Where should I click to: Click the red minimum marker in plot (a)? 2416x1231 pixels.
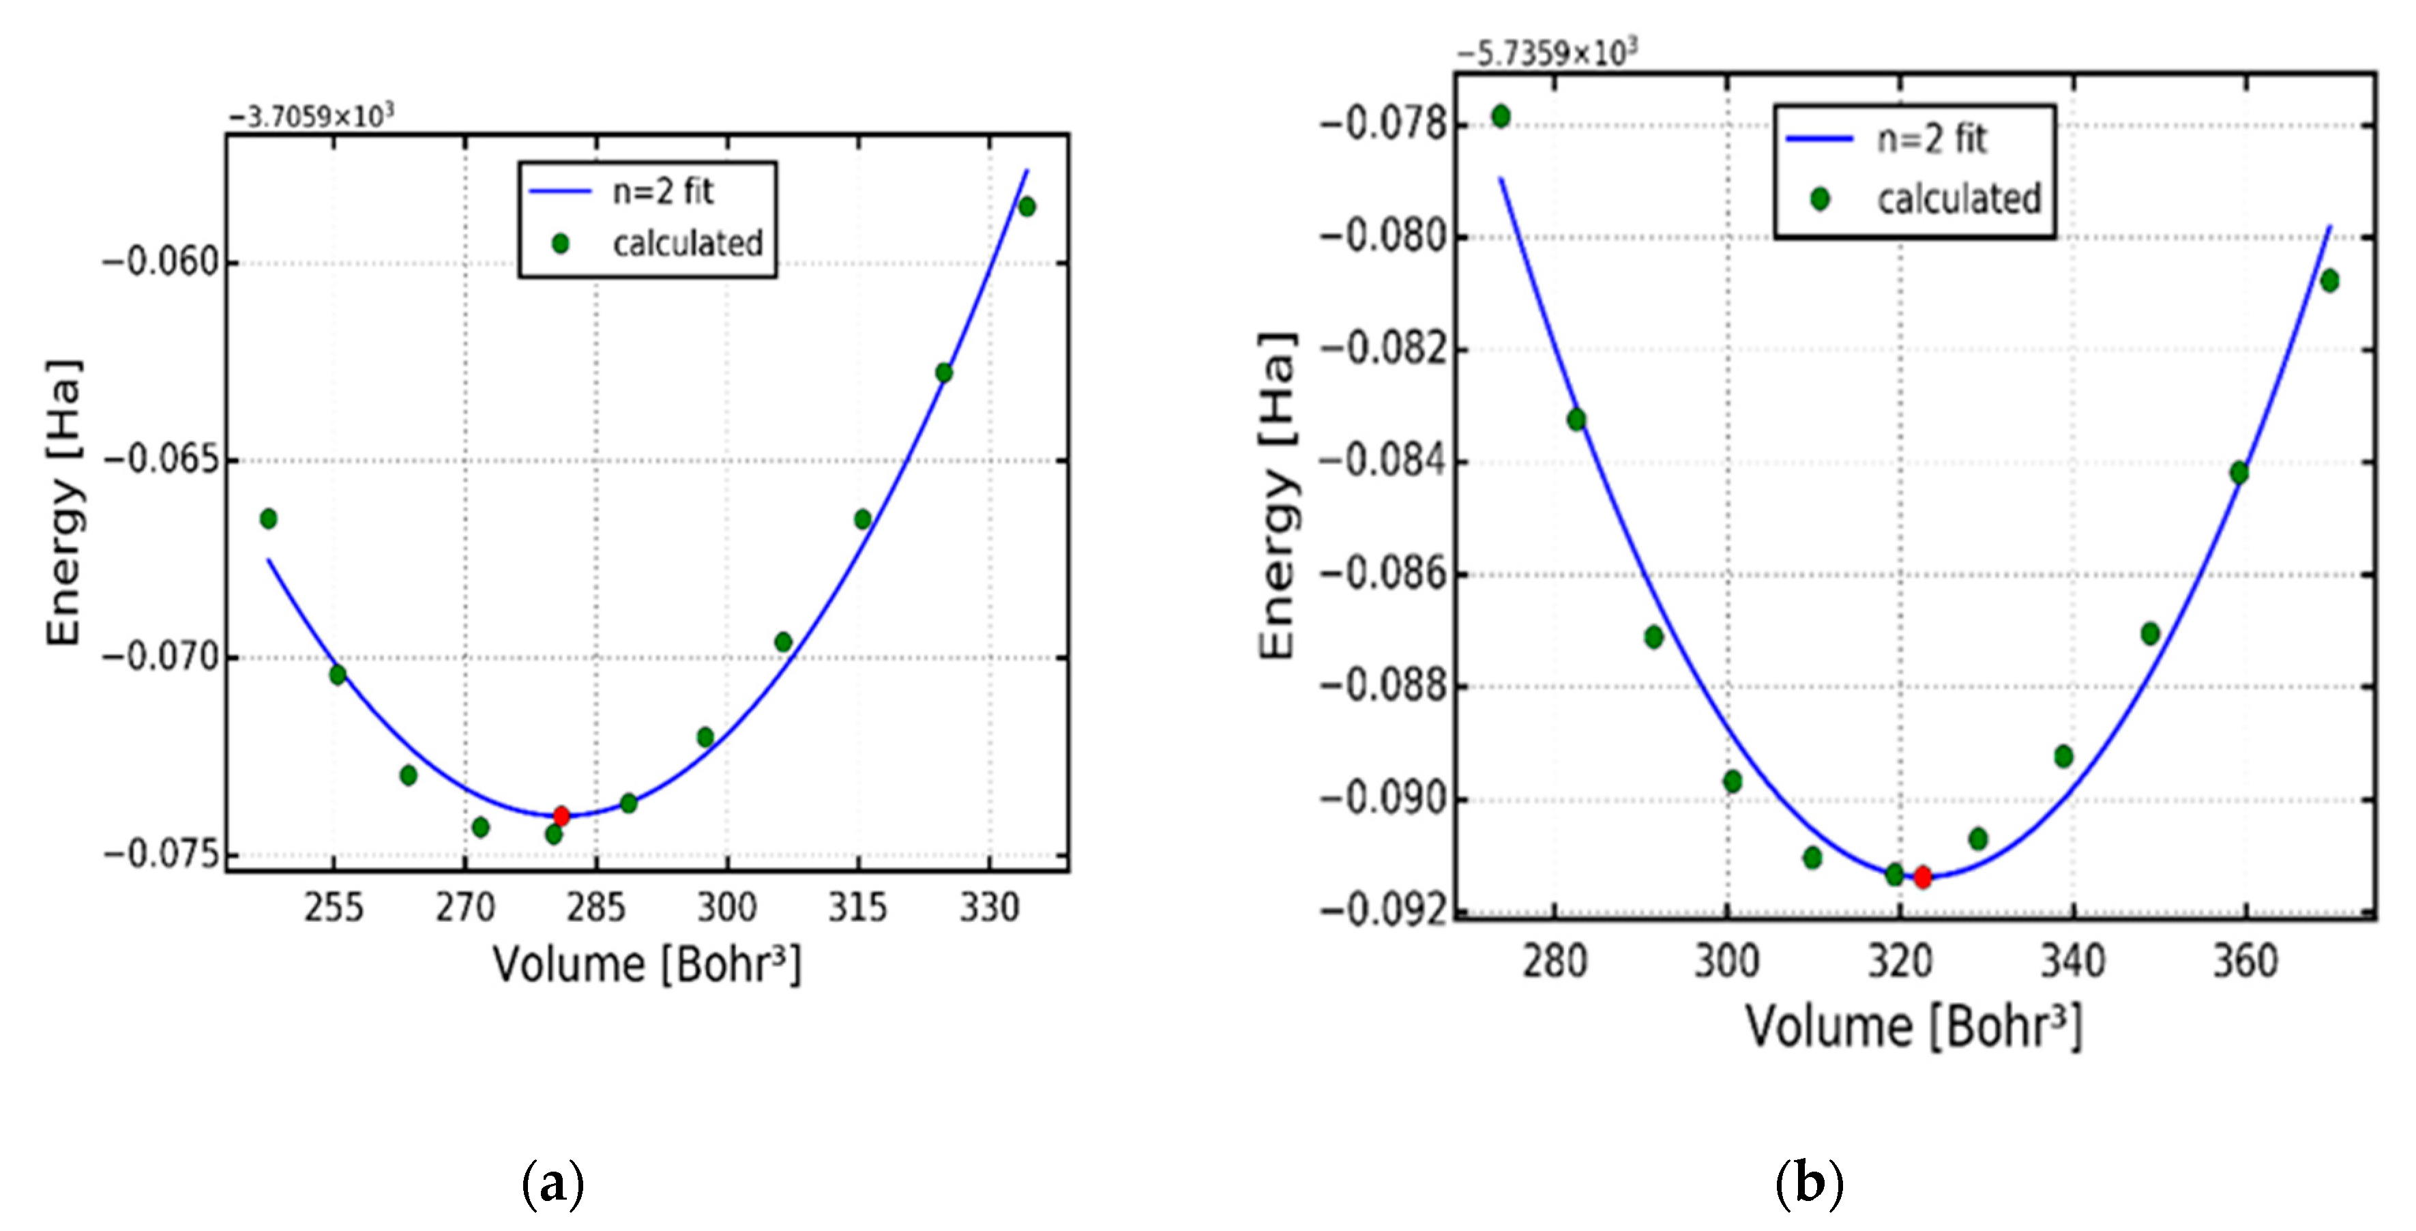[561, 815]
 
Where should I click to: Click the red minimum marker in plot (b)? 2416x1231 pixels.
[1923, 878]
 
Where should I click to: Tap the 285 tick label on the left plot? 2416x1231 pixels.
[595, 908]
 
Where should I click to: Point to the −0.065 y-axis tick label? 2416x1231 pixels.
[161, 460]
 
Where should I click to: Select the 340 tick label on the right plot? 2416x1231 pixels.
[2073, 961]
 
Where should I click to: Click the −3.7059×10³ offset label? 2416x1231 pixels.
[311, 116]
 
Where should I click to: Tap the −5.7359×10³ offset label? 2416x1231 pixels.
[1546, 53]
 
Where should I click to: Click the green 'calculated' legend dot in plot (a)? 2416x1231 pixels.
[561, 244]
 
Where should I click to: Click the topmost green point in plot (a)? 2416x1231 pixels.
[1027, 206]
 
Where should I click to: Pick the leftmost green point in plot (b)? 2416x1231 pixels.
[1501, 116]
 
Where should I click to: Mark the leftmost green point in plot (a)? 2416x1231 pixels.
[268, 519]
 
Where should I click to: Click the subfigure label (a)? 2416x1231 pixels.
[553, 1184]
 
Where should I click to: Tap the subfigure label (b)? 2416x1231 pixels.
[1809, 1184]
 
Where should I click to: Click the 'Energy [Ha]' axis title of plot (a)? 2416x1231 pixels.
[64, 502]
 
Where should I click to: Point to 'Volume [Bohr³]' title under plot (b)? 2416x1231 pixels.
[1913, 1026]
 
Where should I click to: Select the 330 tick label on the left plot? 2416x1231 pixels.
[988, 908]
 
